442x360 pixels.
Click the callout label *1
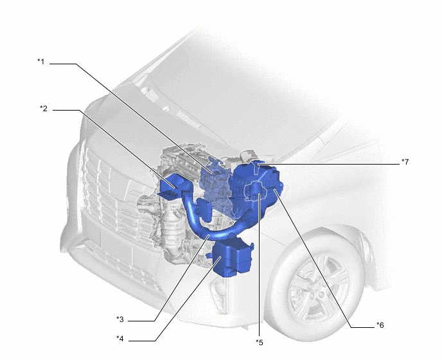tap(41, 62)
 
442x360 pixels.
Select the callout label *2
tap(44, 109)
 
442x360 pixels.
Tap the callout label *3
tap(120, 319)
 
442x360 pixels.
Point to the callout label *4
tap(120, 339)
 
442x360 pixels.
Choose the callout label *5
tap(260, 343)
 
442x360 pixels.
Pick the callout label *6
tap(380, 325)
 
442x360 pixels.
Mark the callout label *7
tap(405, 162)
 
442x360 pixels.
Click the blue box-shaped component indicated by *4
tap(233, 257)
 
